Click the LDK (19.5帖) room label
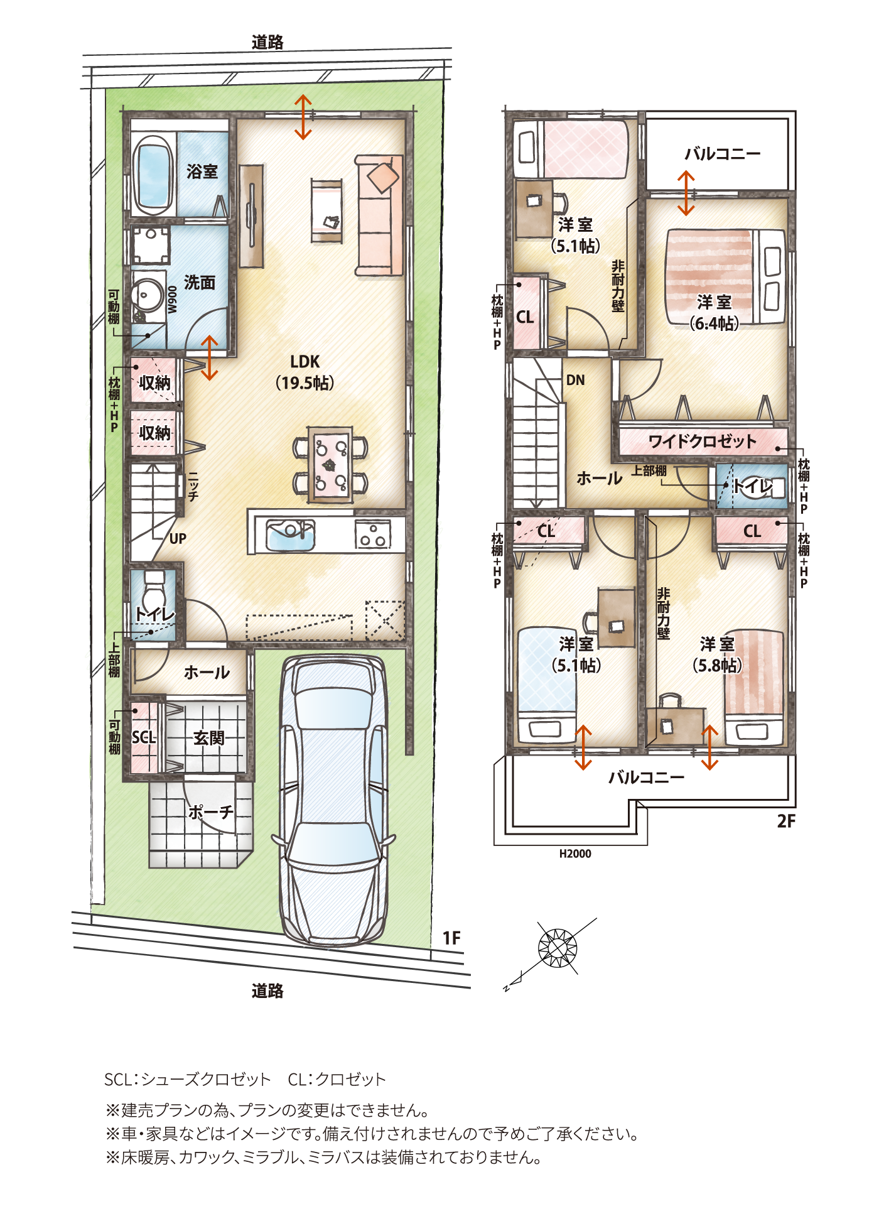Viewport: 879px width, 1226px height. pos(305,372)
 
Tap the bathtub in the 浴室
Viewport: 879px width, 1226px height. pos(154,173)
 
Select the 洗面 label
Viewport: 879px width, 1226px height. pos(200,283)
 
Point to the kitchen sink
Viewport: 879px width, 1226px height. pos(290,534)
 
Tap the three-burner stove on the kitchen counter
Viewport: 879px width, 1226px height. pos(373,536)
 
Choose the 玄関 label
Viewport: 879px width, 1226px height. pos(209,738)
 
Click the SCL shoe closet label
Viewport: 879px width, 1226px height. pos(144,737)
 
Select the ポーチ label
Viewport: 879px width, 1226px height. pos(211,812)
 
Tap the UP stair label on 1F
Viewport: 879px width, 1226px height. pos(178,539)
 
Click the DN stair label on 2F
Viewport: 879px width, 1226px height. pos(576,380)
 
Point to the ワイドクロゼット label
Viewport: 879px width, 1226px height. pos(703,442)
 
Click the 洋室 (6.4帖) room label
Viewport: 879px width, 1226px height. pos(715,312)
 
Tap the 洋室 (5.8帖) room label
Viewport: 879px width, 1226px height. pos(717,654)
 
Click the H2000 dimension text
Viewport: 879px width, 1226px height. pos(575,854)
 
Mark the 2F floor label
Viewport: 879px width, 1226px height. pos(786,822)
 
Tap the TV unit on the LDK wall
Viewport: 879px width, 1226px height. pos(252,216)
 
